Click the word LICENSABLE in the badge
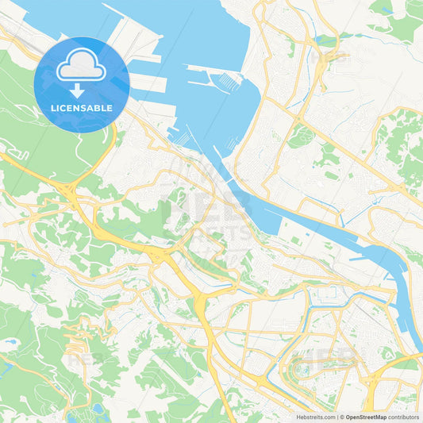[82, 107]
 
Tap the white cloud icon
[82, 64]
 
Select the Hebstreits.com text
[314, 417]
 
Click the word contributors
[403, 417]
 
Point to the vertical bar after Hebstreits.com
[336, 417]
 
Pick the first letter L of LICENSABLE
[53, 107]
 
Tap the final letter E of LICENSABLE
[110, 107]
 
